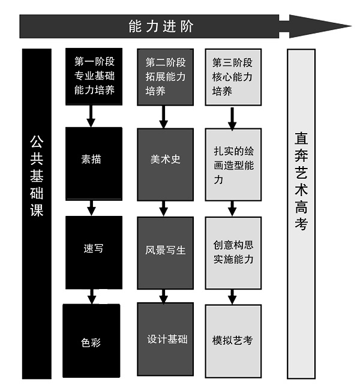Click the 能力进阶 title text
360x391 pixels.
[161, 26]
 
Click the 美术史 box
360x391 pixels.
[165, 161]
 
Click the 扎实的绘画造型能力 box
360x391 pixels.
[233, 164]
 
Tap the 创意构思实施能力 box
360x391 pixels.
[233, 252]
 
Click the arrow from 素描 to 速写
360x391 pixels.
[91, 208]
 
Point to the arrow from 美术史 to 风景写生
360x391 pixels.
[163, 209]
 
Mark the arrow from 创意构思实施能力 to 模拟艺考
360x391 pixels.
[232, 296]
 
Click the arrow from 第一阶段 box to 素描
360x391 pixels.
[91, 116]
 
